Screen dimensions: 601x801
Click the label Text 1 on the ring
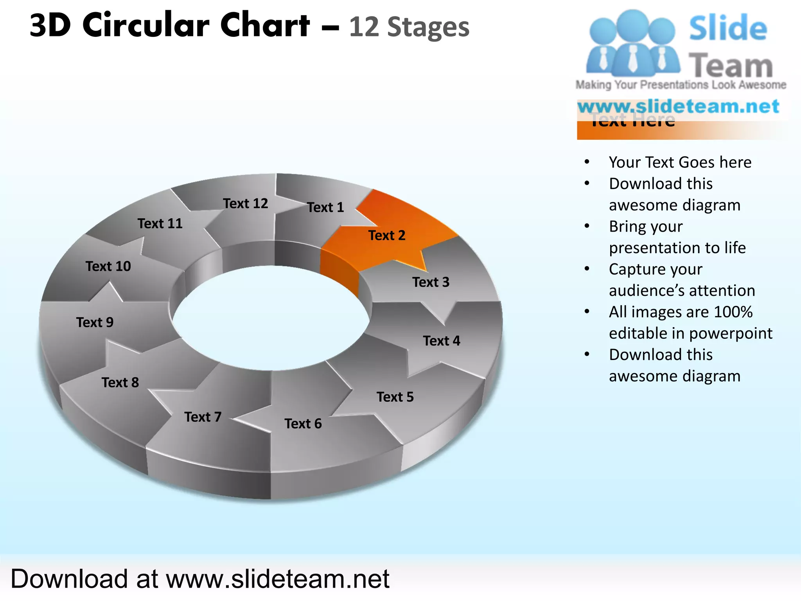pyautogui.click(x=325, y=207)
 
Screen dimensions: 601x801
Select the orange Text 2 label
pyautogui.click(x=387, y=236)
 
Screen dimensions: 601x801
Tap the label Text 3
pyautogui.click(x=431, y=282)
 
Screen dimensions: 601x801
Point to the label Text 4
pyautogui.click(x=442, y=341)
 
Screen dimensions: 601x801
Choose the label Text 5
pyautogui.click(x=395, y=397)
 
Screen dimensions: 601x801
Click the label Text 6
pyautogui.click(x=303, y=424)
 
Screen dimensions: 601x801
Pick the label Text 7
pyautogui.click(x=203, y=417)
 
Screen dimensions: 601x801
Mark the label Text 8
pyautogui.click(x=120, y=383)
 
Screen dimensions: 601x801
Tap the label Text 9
pyautogui.click(x=95, y=322)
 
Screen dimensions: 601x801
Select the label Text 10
pyautogui.click(x=108, y=266)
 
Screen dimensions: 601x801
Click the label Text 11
pyautogui.click(x=160, y=224)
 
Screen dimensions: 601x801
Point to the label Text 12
pyautogui.click(x=246, y=203)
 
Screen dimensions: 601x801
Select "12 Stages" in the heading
pyautogui.click(x=409, y=27)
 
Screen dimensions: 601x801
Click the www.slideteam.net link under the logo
pyautogui.click(x=678, y=106)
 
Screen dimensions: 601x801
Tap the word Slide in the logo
pyautogui.click(x=728, y=28)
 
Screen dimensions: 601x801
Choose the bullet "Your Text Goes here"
pyautogui.click(x=680, y=162)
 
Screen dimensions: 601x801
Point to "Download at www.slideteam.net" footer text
pyautogui.click(x=200, y=579)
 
